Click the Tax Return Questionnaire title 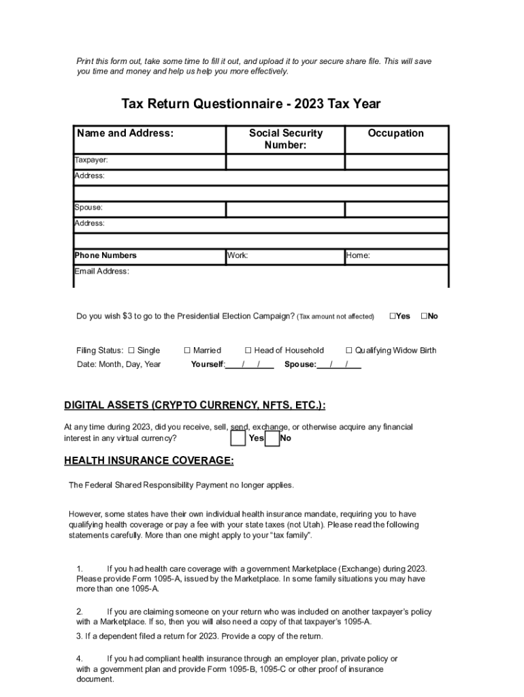[x=251, y=104]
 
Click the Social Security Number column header [x=285, y=139]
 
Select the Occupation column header [x=395, y=133]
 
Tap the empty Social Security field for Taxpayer [x=285, y=162]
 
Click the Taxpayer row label [x=91, y=161]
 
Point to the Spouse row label [x=88, y=208]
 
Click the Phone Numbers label [x=105, y=256]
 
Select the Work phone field [x=285, y=257]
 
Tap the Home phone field [x=396, y=257]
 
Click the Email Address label [x=101, y=272]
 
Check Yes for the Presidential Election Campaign [x=393, y=317]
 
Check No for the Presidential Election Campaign [x=424, y=317]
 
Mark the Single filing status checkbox [x=132, y=351]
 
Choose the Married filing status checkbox [x=187, y=351]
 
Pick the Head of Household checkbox [x=248, y=351]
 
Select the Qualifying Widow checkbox [x=349, y=351]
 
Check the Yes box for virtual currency [x=238, y=438]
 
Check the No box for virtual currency [x=272, y=438]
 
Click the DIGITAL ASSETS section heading [x=195, y=406]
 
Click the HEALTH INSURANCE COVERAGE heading [x=149, y=461]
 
